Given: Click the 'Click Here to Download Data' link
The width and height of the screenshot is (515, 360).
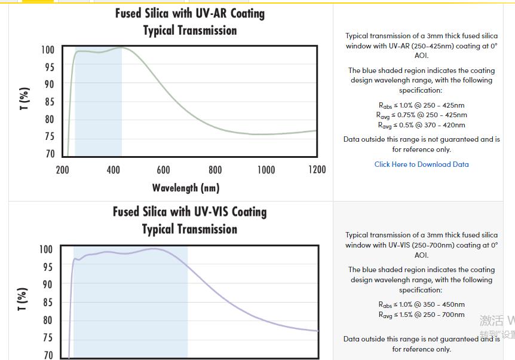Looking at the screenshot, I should [421, 164].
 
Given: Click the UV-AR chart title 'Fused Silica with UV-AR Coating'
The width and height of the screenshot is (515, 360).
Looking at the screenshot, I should [190, 13].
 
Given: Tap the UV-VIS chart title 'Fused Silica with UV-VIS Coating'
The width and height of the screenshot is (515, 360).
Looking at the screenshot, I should [190, 212].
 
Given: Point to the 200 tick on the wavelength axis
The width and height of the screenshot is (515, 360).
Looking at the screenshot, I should [62, 170].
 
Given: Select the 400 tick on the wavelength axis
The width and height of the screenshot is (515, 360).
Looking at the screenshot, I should [113, 170].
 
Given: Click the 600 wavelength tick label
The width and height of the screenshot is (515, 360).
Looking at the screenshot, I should [163, 170].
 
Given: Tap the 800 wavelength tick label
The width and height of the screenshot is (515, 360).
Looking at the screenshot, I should [215, 170].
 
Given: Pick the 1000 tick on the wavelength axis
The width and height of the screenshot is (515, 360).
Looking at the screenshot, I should [266, 170].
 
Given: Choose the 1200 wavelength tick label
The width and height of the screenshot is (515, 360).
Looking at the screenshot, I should [317, 170].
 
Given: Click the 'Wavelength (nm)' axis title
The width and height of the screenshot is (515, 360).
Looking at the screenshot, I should [186, 188].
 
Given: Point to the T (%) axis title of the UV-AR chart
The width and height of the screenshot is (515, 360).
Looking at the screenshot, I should [24, 99].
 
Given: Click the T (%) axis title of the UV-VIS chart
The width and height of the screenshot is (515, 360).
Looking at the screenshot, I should [23, 299].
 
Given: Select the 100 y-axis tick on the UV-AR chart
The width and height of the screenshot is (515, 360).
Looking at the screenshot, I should [47, 50].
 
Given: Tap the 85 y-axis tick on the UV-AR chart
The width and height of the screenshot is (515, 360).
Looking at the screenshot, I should [49, 102].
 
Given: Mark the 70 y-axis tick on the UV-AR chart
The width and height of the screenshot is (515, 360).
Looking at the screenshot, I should [49, 154].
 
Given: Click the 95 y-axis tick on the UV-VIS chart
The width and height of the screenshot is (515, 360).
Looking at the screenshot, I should [47, 267].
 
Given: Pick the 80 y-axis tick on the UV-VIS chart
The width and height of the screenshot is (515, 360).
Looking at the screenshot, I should [47, 321].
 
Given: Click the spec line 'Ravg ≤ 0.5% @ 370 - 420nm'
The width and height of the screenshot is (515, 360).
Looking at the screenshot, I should [421, 126].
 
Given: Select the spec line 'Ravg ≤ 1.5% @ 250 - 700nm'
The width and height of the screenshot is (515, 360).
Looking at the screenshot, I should [421, 315].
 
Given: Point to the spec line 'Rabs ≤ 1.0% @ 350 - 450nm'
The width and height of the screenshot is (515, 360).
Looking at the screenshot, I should [421, 305].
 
